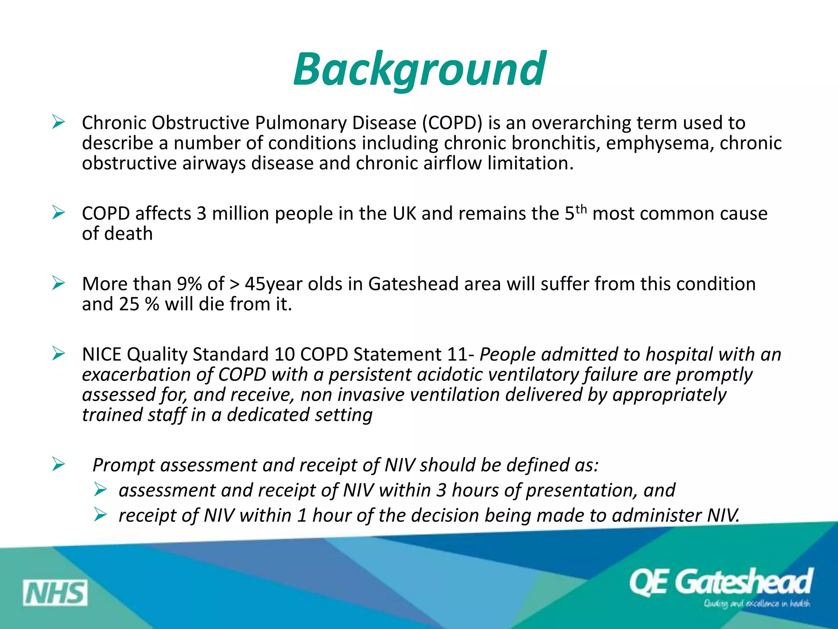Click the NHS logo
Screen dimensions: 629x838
(55, 593)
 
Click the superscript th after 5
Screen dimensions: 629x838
(581, 210)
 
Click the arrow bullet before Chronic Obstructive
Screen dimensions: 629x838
(59, 122)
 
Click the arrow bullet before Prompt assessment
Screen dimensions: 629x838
(59, 464)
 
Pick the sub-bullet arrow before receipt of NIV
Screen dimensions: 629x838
(100, 514)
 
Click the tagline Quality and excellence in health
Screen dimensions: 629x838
(756, 604)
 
